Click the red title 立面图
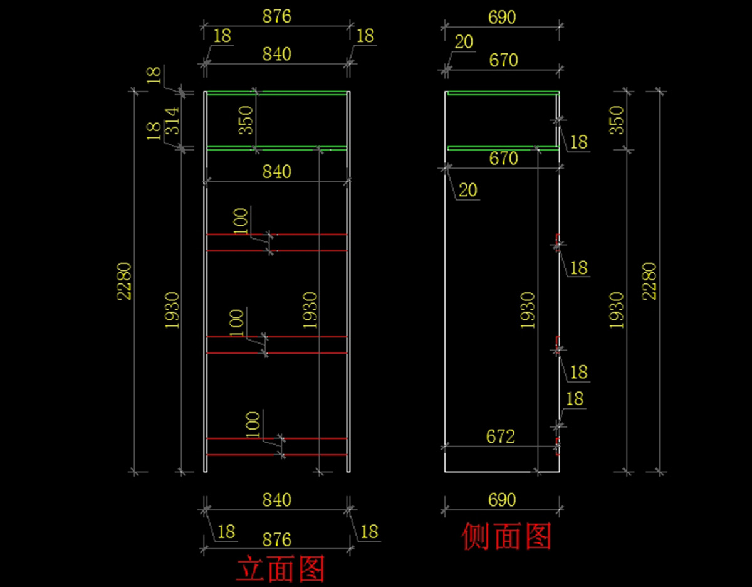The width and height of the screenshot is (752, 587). pos(280,569)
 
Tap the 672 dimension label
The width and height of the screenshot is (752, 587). pos(500,436)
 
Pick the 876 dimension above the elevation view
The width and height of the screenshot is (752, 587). pos(276,16)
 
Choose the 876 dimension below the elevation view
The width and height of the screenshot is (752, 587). pos(276,539)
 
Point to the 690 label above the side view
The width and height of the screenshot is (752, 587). pos(502,17)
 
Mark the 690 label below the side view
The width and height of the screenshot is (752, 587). pos(502,500)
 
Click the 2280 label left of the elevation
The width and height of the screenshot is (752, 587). pos(125,281)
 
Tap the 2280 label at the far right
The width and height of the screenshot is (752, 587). pos(649,281)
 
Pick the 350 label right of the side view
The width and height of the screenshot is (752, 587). pos(617,119)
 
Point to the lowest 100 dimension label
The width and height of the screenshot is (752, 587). pos(253,424)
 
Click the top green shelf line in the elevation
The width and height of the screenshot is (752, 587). pos(276,93)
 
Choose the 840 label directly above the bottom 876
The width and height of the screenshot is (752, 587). pos(276,500)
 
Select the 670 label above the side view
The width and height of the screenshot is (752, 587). pos(503,60)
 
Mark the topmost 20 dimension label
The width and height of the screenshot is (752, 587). pos(464,43)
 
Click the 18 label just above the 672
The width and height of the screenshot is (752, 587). pos(574,399)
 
